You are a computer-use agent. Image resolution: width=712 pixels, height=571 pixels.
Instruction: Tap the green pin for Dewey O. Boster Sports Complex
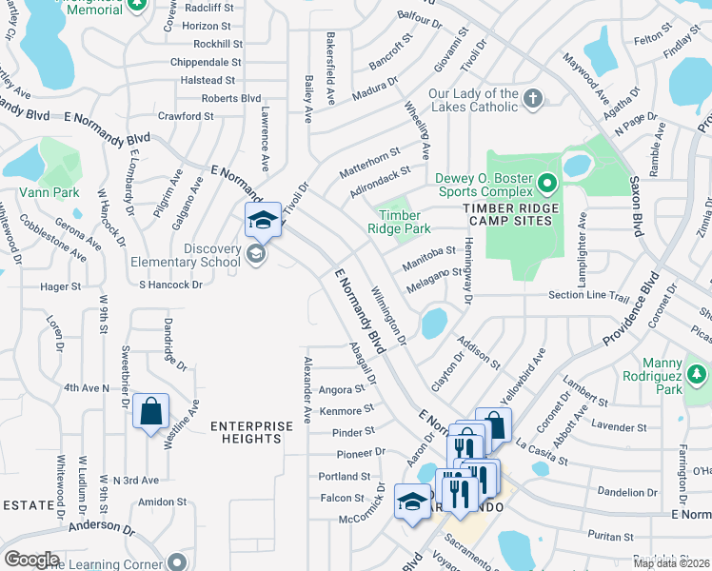pos(547,181)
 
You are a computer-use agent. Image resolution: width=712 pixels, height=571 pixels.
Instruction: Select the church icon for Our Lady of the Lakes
pos(533,97)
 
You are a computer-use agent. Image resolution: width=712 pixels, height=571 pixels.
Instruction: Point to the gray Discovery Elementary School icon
pos(254,253)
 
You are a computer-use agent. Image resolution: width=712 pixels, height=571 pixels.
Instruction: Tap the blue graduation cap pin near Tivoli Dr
pos(264,221)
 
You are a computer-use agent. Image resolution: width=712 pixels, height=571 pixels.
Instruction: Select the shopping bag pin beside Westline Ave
pos(150,412)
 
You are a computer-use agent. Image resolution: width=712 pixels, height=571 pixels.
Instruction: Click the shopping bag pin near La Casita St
pos(493,424)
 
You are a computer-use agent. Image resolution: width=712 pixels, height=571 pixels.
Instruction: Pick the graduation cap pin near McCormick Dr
pos(412,502)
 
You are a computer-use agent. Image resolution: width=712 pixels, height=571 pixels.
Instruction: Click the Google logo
pos(30,560)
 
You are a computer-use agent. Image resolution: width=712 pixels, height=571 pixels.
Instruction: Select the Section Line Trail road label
pos(589,296)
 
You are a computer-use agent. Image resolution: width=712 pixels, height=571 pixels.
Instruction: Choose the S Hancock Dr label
pos(171,285)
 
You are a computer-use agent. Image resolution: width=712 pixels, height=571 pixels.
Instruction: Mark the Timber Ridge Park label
pos(400,222)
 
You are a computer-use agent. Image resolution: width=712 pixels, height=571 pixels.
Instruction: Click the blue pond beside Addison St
pos(433,323)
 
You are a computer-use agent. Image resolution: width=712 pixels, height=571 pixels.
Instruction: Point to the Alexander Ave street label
pos(307,390)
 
